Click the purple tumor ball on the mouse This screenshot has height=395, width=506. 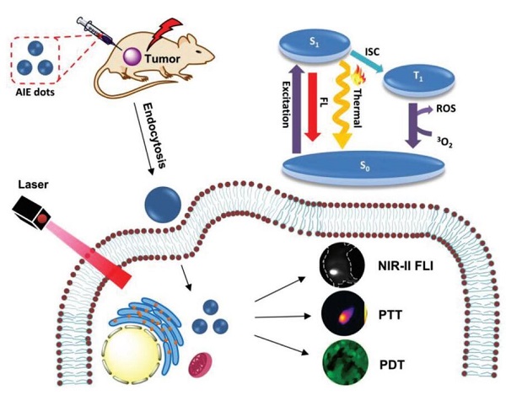pyautogui.click(x=132, y=56)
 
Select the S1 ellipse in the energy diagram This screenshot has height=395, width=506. pyautogui.click(x=315, y=44)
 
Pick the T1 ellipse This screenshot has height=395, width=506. pyautogui.click(x=418, y=78)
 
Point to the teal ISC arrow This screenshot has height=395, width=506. pyautogui.click(x=366, y=61)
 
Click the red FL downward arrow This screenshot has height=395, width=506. pyautogui.click(x=312, y=107)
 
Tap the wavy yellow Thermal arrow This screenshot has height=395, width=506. pyautogui.click(x=343, y=106)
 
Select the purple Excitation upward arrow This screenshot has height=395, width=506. pyautogui.click(x=296, y=109)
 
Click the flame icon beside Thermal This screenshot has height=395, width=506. pyautogui.click(x=359, y=75)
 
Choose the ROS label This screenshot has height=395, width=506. pyautogui.click(x=445, y=109)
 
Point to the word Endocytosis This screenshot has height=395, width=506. pyautogui.click(x=154, y=136)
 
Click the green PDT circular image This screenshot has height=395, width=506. pyautogui.click(x=345, y=363)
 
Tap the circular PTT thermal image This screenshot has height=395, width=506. pyautogui.click(x=345, y=313)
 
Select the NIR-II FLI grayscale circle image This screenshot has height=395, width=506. pyautogui.click(x=342, y=264)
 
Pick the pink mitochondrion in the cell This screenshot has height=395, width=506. pyautogui.click(x=200, y=365)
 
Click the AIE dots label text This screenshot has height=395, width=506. pyautogui.click(x=35, y=92)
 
